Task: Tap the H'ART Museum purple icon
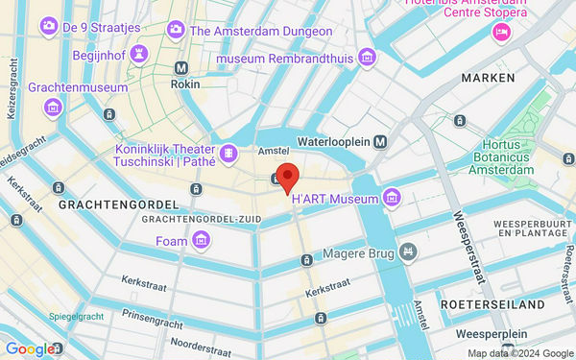tap(392, 198)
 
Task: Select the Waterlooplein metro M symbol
tap(381, 142)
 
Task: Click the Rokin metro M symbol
tap(181, 68)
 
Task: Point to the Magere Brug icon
tap(409, 252)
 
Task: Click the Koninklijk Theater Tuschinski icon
tap(228, 153)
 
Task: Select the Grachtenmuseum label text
tap(78, 87)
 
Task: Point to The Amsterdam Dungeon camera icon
tap(176, 31)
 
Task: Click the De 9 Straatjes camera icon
tap(47, 26)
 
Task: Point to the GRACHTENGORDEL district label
tap(118, 205)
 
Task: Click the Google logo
tap(29, 348)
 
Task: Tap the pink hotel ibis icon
tap(500, 34)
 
